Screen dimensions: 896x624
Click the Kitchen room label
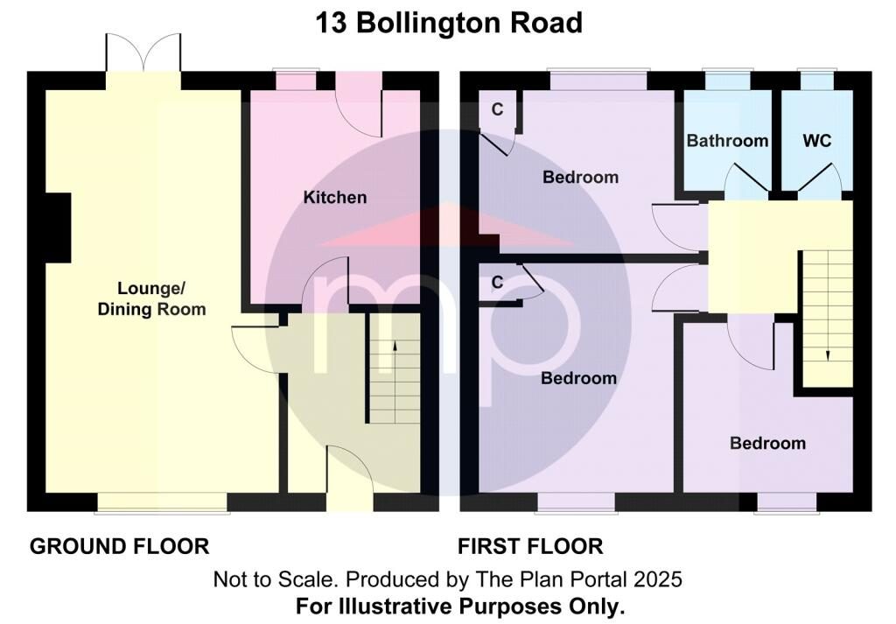pyautogui.click(x=335, y=198)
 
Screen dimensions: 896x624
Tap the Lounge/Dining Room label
pyautogui.click(x=151, y=298)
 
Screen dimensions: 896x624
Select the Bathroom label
pyautogui.click(x=727, y=141)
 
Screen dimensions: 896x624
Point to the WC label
pyautogui.click(x=816, y=141)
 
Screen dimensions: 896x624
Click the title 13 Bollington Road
pyautogui.click(x=449, y=24)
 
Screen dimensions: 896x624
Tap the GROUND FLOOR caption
pyautogui.click(x=119, y=546)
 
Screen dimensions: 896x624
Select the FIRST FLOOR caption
pyautogui.click(x=530, y=546)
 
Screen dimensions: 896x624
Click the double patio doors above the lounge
pyautogui.click(x=143, y=53)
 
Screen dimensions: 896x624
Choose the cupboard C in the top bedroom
pyautogui.click(x=497, y=109)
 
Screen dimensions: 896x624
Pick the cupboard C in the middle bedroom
pyautogui.click(x=497, y=282)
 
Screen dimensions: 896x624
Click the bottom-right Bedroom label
pyautogui.click(x=767, y=444)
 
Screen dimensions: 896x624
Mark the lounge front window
pyautogui.click(x=162, y=503)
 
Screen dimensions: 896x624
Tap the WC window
pyautogui.click(x=817, y=80)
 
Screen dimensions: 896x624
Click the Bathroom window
pyautogui.click(x=727, y=80)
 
